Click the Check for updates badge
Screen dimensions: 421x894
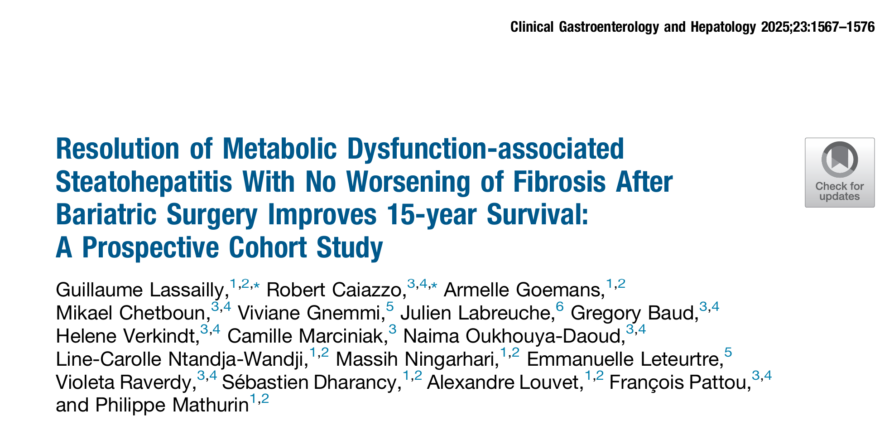(839, 173)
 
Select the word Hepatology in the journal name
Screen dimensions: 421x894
(723, 27)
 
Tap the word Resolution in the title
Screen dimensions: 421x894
(117, 149)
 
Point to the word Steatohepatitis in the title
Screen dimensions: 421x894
(144, 182)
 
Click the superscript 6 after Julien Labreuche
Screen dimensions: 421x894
(560, 307)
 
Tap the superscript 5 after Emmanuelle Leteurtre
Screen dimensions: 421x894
(728, 353)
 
